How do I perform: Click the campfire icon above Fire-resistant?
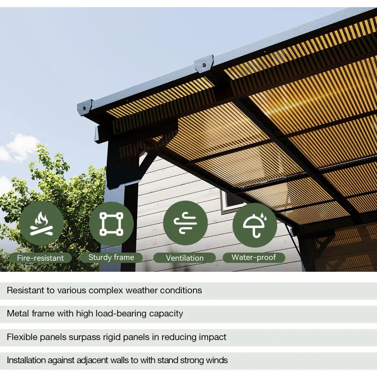pyautogui.click(x=41, y=224)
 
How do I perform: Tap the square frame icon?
pyautogui.click(x=111, y=224)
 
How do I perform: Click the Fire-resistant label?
pyautogui.click(x=41, y=258)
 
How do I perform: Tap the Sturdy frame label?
pyautogui.click(x=111, y=257)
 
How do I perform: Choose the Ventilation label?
pyautogui.click(x=184, y=258)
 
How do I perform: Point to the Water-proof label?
pyautogui.click(x=254, y=257)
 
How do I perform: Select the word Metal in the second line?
pyautogui.click(x=17, y=313)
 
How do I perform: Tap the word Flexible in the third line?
pyautogui.click(x=22, y=337)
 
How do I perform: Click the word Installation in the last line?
pyautogui.click(x=28, y=360)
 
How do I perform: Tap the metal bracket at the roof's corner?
pyautogui.click(x=85, y=107)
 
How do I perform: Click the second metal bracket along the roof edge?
pyautogui.click(x=204, y=63)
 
